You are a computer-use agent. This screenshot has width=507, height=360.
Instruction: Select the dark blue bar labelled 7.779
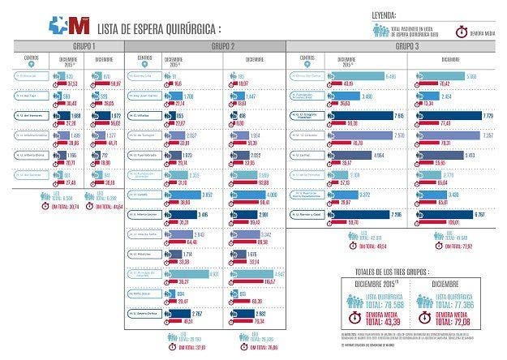[x=455, y=117]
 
